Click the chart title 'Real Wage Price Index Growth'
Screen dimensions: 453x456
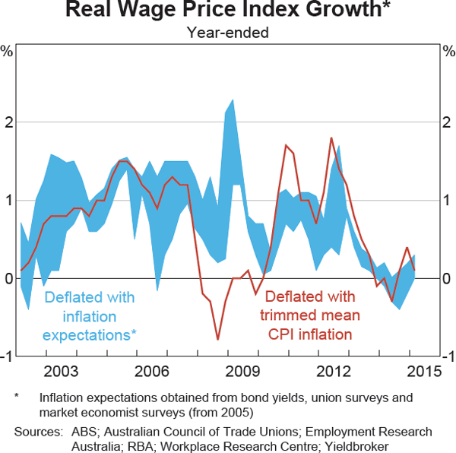(x=227, y=11)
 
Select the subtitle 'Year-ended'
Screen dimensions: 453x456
(x=227, y=32)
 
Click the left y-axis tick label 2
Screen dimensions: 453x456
(x=8, y=122)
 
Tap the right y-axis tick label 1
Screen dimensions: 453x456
(x=447, y=200)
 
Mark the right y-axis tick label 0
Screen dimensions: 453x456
(x=447, y=279)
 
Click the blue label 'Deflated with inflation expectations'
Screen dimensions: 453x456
(x=90, y=315)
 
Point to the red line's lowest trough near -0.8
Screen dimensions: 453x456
(x=217, y=339)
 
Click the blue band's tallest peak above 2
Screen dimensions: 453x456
(x=232, y=100)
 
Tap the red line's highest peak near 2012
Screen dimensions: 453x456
(x=331, y=138)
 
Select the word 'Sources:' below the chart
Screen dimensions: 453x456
(x=37, y=431)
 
